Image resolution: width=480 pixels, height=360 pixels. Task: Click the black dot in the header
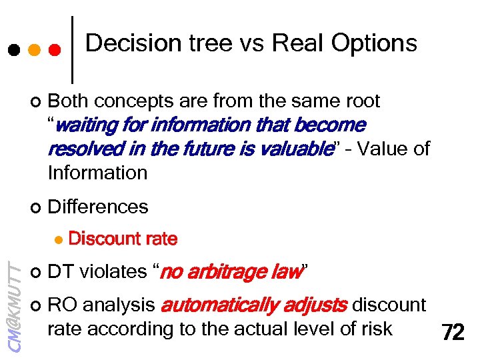click(x=12, y=50)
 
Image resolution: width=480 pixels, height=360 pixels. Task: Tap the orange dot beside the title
click(x=34, y=50)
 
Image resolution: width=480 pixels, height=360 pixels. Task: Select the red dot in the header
click(x=55, y=50)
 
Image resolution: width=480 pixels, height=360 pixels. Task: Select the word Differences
click(x=98, y=207)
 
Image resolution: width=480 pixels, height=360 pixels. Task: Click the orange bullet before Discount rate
click(x=58, y=239)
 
